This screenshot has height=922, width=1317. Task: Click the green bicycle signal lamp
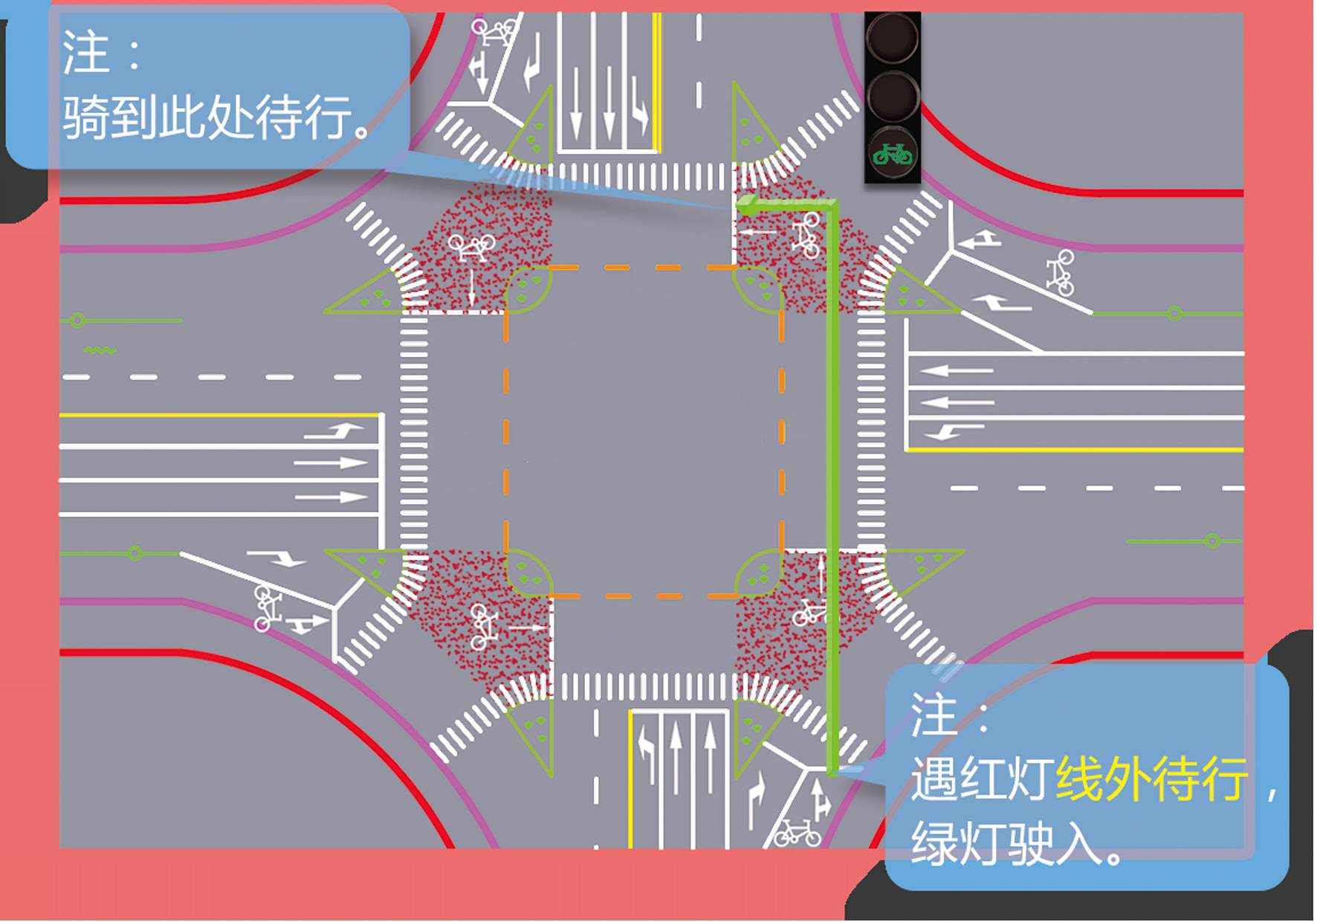[893, 154]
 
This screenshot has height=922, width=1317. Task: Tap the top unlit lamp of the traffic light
[893, 39]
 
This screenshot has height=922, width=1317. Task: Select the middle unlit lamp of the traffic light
[893, 96]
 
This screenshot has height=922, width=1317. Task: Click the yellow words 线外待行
[1152, 780]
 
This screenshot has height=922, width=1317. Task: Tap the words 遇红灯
[981, 780]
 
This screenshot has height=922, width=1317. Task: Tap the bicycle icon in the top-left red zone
[471, 246]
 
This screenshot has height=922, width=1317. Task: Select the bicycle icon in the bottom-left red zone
[482, 626]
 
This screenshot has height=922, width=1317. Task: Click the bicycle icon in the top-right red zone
[806, 234]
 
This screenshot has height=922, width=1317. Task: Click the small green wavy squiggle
[100, 350]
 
